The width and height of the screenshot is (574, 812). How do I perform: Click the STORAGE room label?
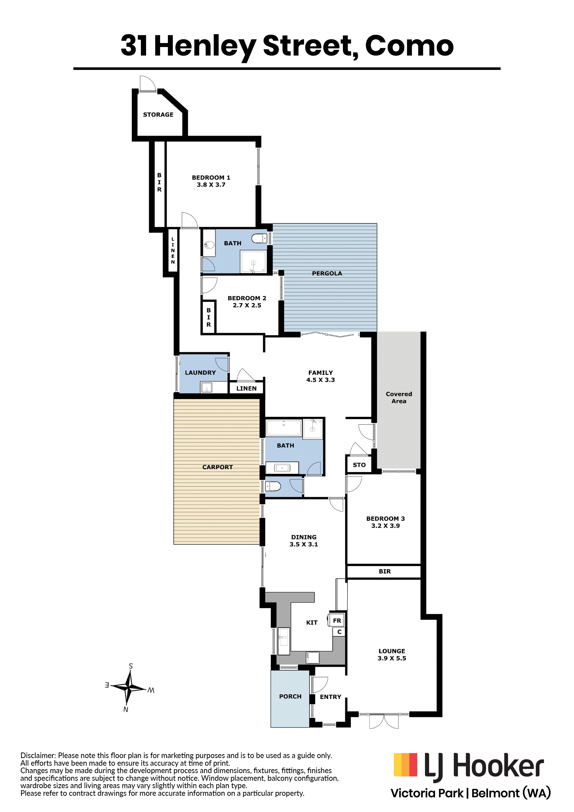pos(158,115)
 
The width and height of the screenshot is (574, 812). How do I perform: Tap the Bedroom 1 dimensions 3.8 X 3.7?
pos(211,185)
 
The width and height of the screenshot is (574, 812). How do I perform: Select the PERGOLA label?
pos(327,273)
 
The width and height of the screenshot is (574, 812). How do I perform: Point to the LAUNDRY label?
pos(200,372)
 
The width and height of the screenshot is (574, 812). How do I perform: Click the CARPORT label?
pos(218,467)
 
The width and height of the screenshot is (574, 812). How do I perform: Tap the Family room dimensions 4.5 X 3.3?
pos(320,380)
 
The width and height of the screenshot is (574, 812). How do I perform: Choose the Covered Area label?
pos(399,397)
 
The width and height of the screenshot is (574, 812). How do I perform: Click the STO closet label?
pos(359,465)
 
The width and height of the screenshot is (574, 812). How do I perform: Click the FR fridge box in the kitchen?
pos(337,621)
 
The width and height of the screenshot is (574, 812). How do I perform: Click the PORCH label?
pos(290,696)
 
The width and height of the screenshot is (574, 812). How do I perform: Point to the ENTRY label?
pos(331,697)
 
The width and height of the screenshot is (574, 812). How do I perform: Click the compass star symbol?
pos(129,687)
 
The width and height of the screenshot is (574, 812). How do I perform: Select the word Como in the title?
pos(409,46)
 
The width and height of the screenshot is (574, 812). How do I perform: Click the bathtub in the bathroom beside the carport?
pos(284,428)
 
